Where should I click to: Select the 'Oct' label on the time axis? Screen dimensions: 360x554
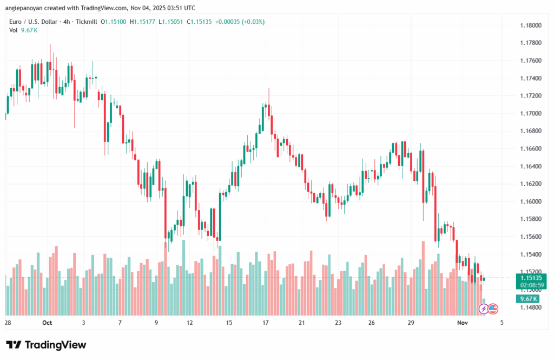point(47,323)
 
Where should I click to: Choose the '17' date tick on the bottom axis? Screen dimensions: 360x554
point(266,323)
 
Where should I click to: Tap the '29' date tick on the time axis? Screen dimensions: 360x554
point(411,323)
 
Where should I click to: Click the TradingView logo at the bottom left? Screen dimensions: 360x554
point(46,345)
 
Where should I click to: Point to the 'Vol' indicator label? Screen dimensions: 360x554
point(14,30)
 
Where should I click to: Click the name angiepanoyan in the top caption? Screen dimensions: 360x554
point(30,8)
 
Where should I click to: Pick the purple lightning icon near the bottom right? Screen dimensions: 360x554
point(483,309)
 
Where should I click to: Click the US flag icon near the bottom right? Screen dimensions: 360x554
point(493,309)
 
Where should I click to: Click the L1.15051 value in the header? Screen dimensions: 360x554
point(173,22)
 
